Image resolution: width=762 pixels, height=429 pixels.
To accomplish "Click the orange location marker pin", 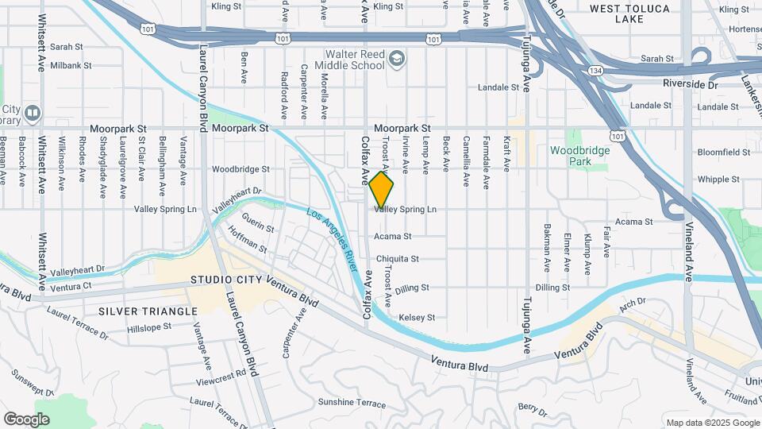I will click(x=382, y=191).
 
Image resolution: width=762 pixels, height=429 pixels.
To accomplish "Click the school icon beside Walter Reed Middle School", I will click(x=397, y=57).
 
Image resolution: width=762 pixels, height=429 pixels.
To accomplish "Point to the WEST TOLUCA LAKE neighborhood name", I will click(x=630, y=14).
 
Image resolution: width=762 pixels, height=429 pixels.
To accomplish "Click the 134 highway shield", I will click(x=595, y=71).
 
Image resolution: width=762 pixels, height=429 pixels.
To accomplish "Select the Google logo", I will click(x=26, y=419).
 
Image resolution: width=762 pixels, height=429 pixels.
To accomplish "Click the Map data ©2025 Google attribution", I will click(x=711, y=423).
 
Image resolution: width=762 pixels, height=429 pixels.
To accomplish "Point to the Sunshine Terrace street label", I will click(x=352, y=403).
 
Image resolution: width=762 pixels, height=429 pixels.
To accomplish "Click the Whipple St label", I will click(x=718, y=180).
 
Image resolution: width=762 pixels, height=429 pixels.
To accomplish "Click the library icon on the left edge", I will click(x=32, y=113).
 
